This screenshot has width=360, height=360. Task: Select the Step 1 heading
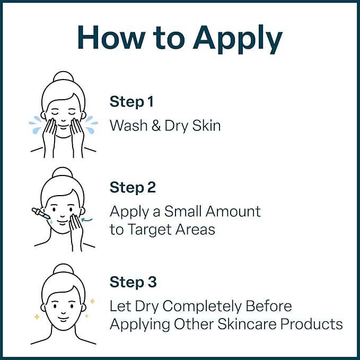coord(132,101)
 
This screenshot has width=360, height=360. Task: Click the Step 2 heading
coord(133,188)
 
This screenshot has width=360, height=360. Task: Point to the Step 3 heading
coord(133,282)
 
